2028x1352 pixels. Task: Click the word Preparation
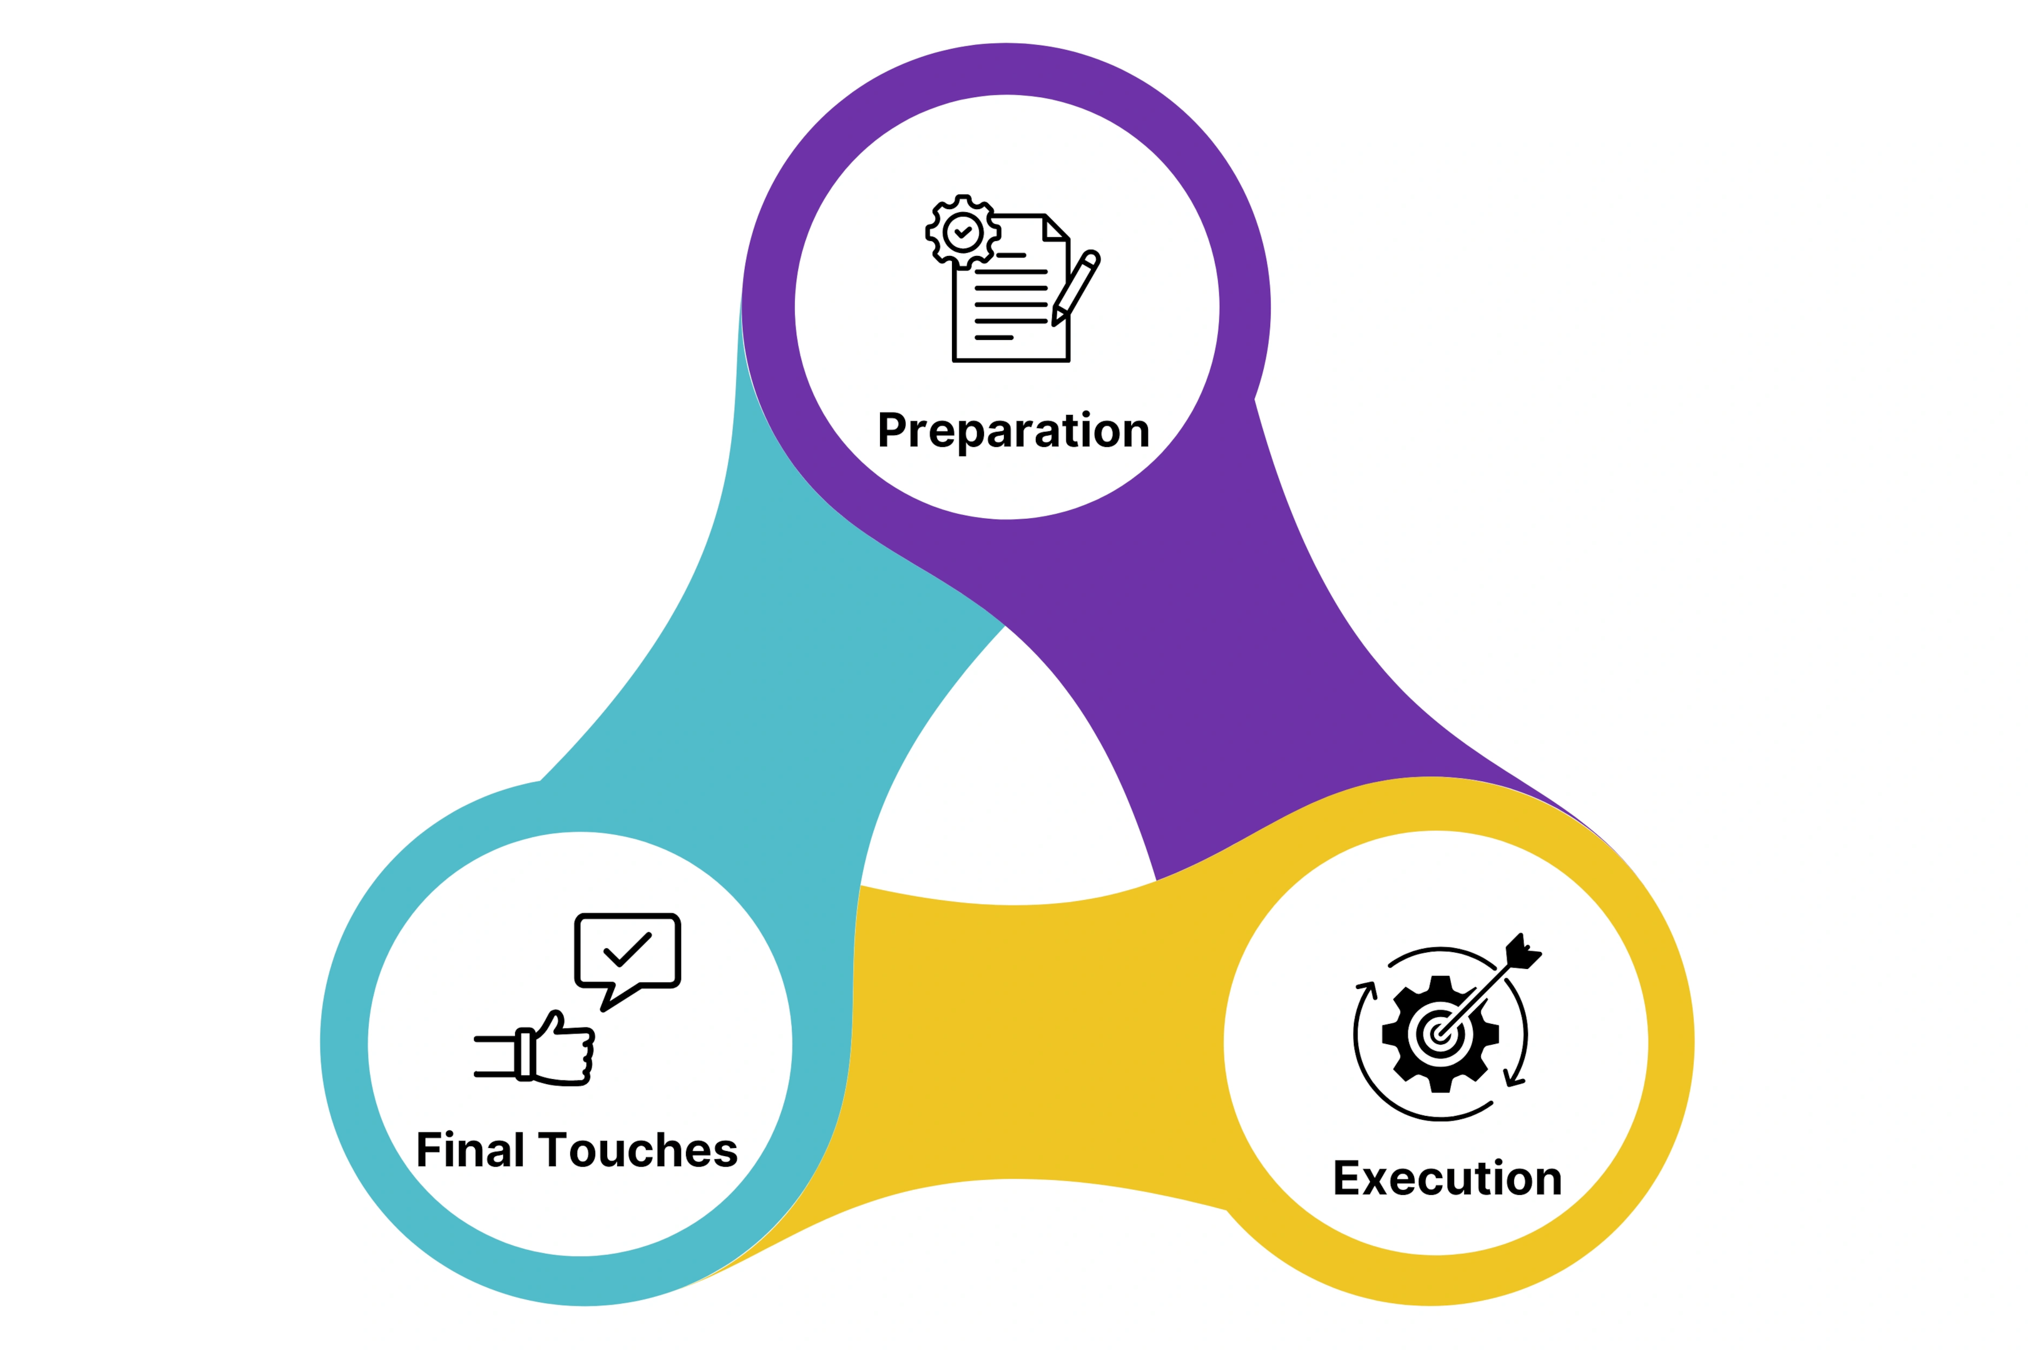1013,431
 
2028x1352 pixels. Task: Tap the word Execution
1448,1179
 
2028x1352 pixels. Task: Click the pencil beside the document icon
1076,288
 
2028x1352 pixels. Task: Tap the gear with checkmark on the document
963,232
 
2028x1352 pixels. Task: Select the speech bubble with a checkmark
628,961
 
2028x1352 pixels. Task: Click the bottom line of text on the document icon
993,337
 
